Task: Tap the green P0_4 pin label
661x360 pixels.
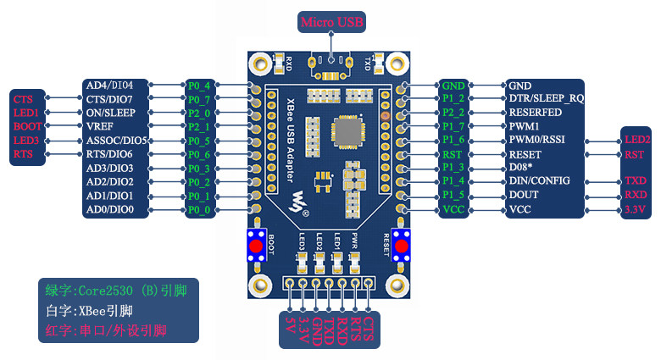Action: (x=199, y=86)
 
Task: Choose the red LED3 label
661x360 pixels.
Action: (x=25, y=140)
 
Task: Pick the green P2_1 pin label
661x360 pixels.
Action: (x=199, y=126)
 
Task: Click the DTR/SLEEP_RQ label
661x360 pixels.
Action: (x=546, y=99)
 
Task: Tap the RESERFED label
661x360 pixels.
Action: (x=534, y=113)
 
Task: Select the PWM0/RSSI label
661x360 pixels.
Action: (x=536, y=140)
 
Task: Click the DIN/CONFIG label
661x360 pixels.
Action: (x=539, y=181)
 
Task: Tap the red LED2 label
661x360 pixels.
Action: (x=636, y=140)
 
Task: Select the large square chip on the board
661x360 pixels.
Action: (x=347, y=132)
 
